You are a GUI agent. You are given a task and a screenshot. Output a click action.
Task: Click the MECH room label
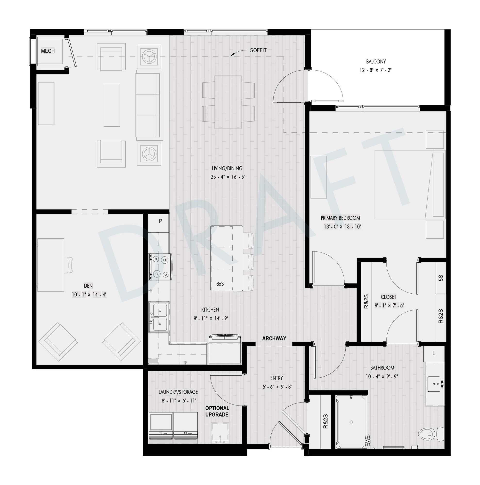(x=48, y=51)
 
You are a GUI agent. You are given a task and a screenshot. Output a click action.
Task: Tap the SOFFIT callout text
(x=258, y=50)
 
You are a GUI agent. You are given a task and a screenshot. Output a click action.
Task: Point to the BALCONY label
(x=376, y=62)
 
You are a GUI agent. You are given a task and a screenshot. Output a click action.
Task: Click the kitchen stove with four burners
(x=160, y=267)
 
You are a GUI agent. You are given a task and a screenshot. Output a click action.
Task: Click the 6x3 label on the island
(x=220, y=284)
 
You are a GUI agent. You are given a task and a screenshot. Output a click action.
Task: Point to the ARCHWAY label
(x=274, y=338)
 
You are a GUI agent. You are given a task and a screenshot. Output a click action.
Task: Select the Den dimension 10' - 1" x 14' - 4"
(x=89, y=294)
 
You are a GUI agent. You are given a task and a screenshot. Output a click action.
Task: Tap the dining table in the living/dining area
(x=228, y=102)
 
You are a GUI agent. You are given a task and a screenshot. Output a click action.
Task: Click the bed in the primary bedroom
(x=410, y=185)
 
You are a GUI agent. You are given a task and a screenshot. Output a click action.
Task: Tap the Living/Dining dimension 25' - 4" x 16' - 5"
(x=228, y=177)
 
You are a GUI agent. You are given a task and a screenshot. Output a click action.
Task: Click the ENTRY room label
(x=277, y=378)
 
